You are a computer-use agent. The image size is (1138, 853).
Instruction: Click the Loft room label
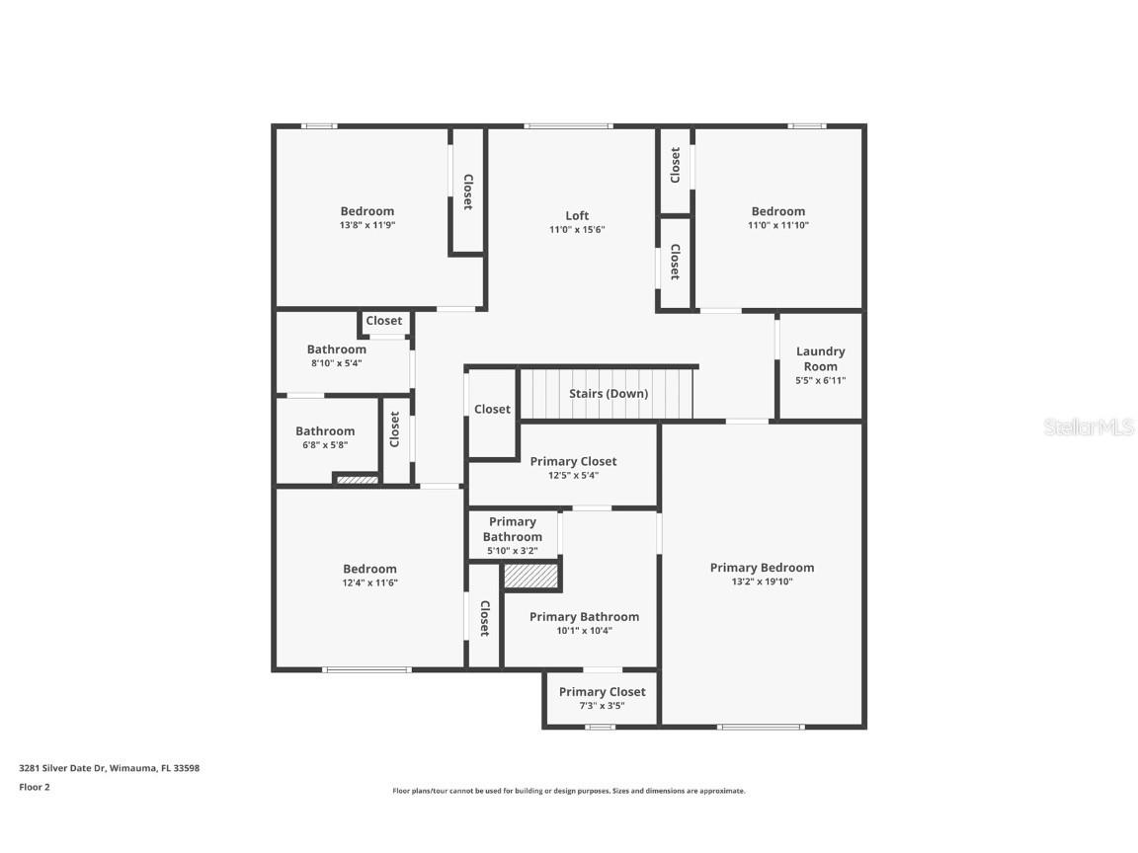point(577,215)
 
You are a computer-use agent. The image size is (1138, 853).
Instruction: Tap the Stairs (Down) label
point(609,393)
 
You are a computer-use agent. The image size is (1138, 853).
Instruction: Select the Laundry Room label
point(820,358)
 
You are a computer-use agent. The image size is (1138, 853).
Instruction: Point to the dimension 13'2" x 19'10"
point(762,582)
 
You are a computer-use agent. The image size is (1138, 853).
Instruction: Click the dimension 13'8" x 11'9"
point(367,225)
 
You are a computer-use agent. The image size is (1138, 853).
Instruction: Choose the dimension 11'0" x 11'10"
point(777,225)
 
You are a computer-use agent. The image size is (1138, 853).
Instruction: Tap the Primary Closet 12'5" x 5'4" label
point(573,461)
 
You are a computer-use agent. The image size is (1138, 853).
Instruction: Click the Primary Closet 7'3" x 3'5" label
point(602,692)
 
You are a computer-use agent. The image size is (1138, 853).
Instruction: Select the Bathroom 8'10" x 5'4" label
point(336,349)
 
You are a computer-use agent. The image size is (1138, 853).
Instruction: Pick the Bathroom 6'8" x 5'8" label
point(325,431)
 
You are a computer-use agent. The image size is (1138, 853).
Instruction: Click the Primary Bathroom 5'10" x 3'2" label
point(512,529)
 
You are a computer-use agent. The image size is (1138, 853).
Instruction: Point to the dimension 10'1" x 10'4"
point(584,631)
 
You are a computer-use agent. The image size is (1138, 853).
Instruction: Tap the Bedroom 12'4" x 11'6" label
point(369,569)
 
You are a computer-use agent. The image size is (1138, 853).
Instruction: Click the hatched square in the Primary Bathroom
point(531,577)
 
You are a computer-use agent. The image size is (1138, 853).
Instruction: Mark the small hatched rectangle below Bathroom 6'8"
point(357,481)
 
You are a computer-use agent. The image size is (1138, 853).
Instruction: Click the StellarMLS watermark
point(1090,426)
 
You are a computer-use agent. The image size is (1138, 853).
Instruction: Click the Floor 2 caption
point(34,787)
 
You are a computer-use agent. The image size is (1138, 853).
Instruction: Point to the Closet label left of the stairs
point(492,409)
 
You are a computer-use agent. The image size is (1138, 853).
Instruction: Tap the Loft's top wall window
point(568,125)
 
